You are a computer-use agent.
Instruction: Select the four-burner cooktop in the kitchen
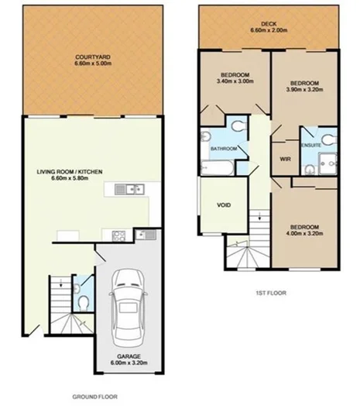click(x=119, y=235)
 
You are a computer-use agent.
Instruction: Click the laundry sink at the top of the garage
click(x=142, y=235)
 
